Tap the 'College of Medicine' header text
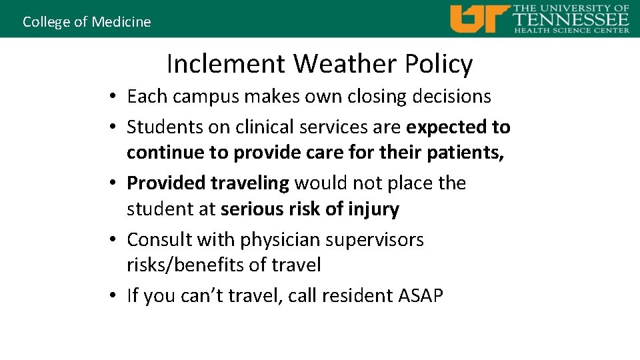click(x=87, y=21)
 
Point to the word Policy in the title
click(x=438, y=64)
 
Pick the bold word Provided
click(x=166, y=183)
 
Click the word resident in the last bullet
click(x=352, y=295)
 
